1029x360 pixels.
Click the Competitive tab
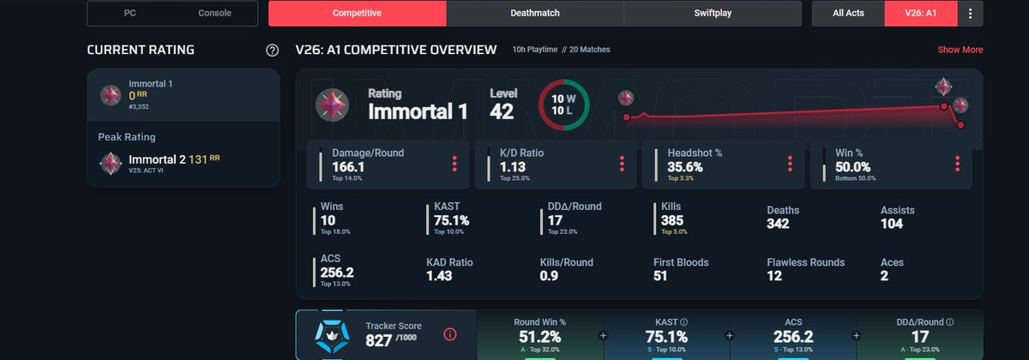[357, 14]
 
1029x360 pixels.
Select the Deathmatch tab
[535, 14]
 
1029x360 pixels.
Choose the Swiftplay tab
[713, 14]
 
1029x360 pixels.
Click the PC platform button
[129, 14]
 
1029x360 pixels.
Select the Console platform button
[214, 14]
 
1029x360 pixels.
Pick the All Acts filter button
[848, 14]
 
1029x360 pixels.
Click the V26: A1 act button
[921, 14]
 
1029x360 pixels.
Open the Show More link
[960, 50]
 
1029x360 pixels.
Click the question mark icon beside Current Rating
[273, 51]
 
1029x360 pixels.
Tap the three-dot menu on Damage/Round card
[454, 164]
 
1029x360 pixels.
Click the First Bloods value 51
[660, 276]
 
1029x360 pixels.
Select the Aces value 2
[884, 276]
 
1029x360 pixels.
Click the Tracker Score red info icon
[450, 335]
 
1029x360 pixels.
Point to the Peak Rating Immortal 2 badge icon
[111, 163]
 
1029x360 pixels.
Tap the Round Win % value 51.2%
[539, 337]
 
